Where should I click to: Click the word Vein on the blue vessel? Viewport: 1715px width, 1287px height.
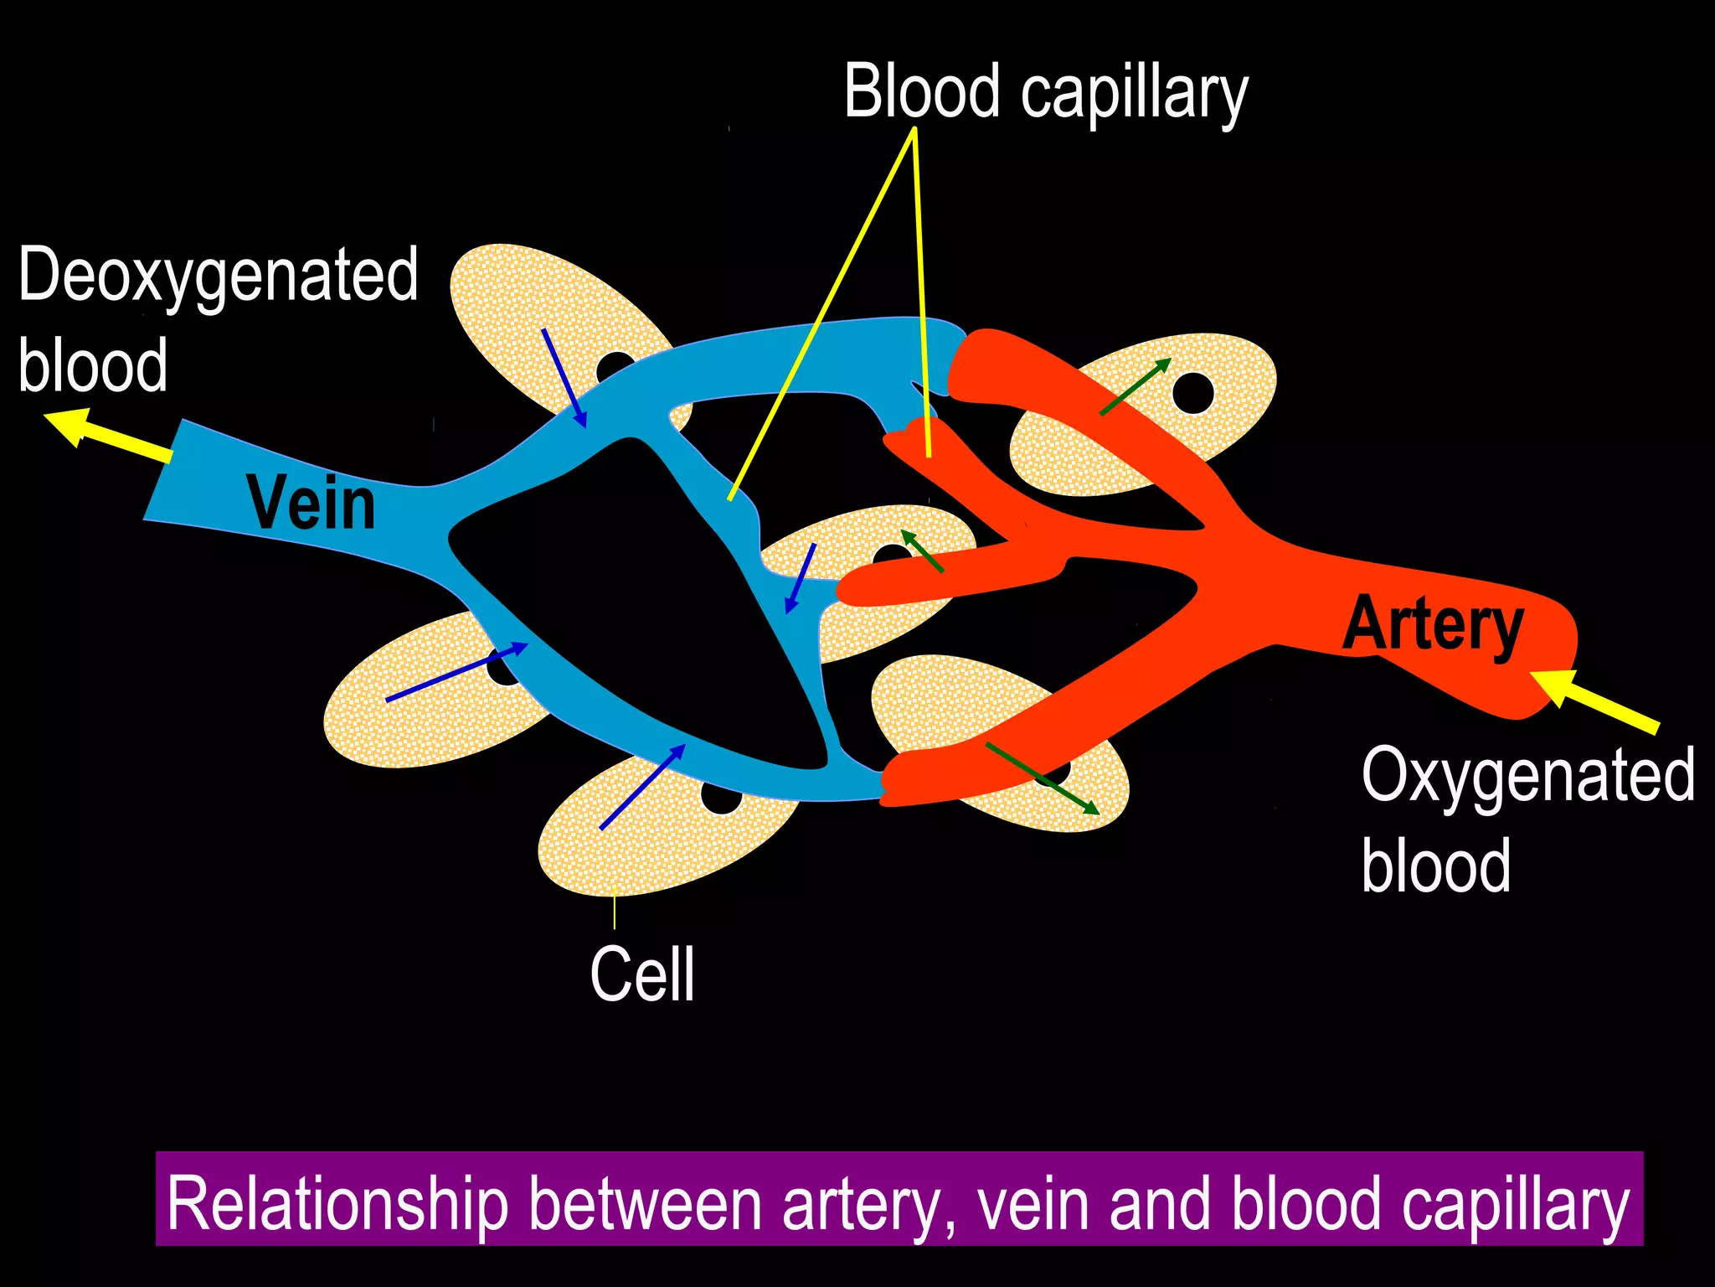tap(311, 504)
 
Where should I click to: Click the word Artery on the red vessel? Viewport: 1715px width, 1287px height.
tap(1433, 624)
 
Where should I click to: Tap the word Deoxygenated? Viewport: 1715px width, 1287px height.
tap(218, 276)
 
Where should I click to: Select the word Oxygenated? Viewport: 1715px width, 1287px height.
tap(1527, 776)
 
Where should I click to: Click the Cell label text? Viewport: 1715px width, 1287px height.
tap(642, 974)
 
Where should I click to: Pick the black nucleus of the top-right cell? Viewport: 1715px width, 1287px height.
tap(1192, 393)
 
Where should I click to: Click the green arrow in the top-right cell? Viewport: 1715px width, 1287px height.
tap(1136, 386)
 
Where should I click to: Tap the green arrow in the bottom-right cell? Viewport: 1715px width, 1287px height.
tap(1042, 778)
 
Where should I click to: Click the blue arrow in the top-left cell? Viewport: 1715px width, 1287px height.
tap(564, 378)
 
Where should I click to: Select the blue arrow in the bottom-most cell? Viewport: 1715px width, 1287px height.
tap(642, 787)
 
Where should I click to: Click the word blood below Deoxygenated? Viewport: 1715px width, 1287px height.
tap(93, 365)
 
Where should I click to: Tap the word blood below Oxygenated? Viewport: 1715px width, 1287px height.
tap(1435, 866)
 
